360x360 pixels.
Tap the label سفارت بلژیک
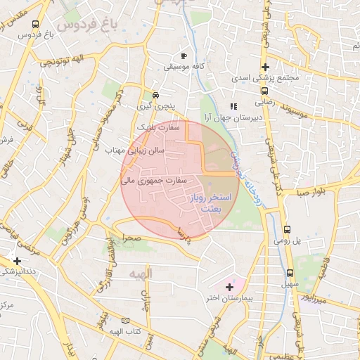158,128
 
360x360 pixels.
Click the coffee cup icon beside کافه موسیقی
184,56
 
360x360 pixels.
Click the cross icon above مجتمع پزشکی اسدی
264,67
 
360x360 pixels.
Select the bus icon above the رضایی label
264,91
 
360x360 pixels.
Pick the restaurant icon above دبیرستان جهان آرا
233,107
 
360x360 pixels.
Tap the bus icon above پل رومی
287,229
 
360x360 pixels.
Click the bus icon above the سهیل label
290,273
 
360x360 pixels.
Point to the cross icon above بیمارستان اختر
229,287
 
